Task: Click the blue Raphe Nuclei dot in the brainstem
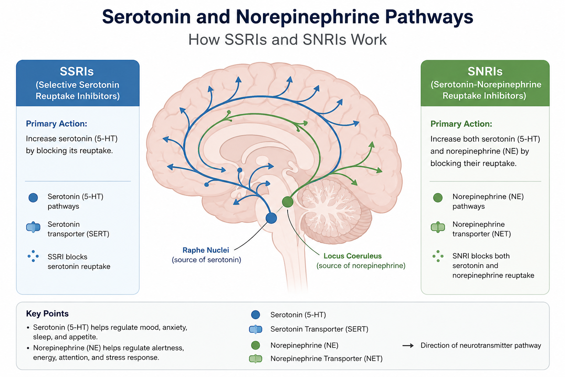[271, 218]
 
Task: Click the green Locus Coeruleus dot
[288, 202]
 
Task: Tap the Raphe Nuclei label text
[206, 250]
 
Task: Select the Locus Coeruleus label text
[352, 256]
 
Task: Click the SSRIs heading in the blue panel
[77, 71]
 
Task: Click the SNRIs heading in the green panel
[485, 71]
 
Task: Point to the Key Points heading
[47, 314]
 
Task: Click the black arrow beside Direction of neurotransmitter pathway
[408, 345]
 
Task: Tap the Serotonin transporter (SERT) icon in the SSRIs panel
[33, 227]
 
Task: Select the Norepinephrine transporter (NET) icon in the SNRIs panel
[438, 227]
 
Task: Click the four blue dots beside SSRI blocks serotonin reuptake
[33, 256]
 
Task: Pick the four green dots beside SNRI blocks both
[438, 256]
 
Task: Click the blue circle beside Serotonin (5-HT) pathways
[33, 198]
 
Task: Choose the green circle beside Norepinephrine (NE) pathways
[438, 198]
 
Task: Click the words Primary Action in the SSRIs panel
[57, 124]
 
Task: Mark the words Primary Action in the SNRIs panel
[461, 124]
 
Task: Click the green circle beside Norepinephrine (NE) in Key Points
[256, 345]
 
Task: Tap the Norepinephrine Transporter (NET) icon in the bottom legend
[256, 359]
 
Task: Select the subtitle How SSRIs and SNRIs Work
[287, 40]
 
